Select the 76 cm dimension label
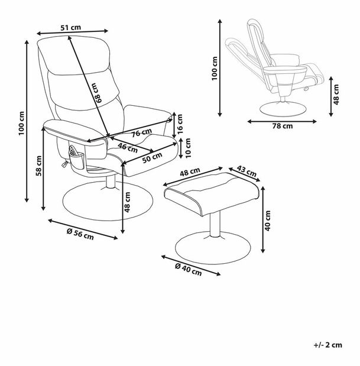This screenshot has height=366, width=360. (x=140, y=133)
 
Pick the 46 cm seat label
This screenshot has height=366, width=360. (x=125, y=145)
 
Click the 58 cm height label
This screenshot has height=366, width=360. (x=38, y=169)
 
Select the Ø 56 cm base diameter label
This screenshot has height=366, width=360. (x=81, y=233)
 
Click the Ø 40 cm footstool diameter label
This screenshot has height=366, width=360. (x=189, y=270)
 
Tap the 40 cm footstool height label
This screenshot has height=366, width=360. (x=267, y=220)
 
